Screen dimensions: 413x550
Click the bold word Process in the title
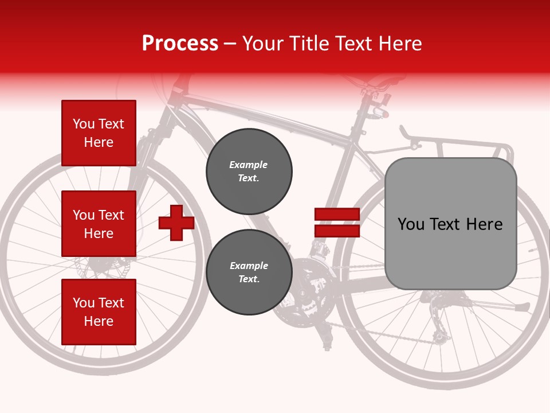click(180, 44)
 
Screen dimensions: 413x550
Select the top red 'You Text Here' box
click(99, 133)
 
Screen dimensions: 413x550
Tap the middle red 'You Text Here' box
click(99, 224)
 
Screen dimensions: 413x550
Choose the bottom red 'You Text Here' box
click(99, 312)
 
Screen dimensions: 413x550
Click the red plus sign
click(176, 223)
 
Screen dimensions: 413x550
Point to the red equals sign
click(337, 223)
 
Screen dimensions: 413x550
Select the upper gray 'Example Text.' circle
click(249, 172)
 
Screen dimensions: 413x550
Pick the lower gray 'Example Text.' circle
click(249, 272)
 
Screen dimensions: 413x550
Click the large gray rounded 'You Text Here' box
click(450, 224)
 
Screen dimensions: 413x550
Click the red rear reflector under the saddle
click(385, 115)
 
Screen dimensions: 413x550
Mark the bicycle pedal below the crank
click(327, 344)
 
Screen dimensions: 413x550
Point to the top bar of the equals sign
click(337, 215)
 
